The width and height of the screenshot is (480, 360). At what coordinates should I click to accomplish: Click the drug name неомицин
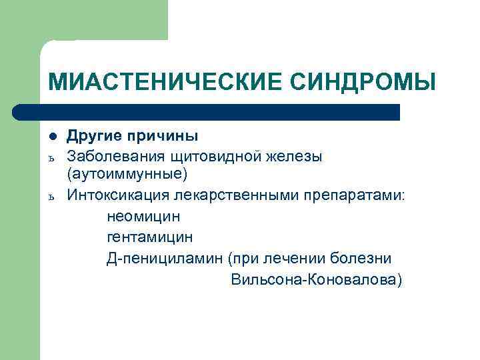coord(143,216)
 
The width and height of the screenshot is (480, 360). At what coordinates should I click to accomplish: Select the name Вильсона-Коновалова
coord(316,279)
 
